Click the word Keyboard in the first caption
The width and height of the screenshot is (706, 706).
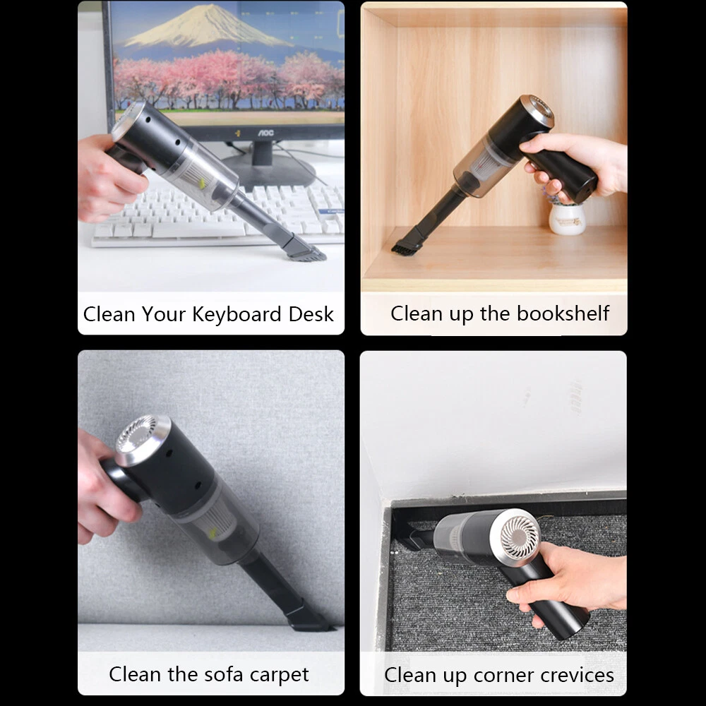238,315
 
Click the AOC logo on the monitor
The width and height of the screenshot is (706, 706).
265,133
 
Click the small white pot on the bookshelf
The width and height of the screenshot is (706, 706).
567,218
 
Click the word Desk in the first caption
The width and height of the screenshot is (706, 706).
311,314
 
